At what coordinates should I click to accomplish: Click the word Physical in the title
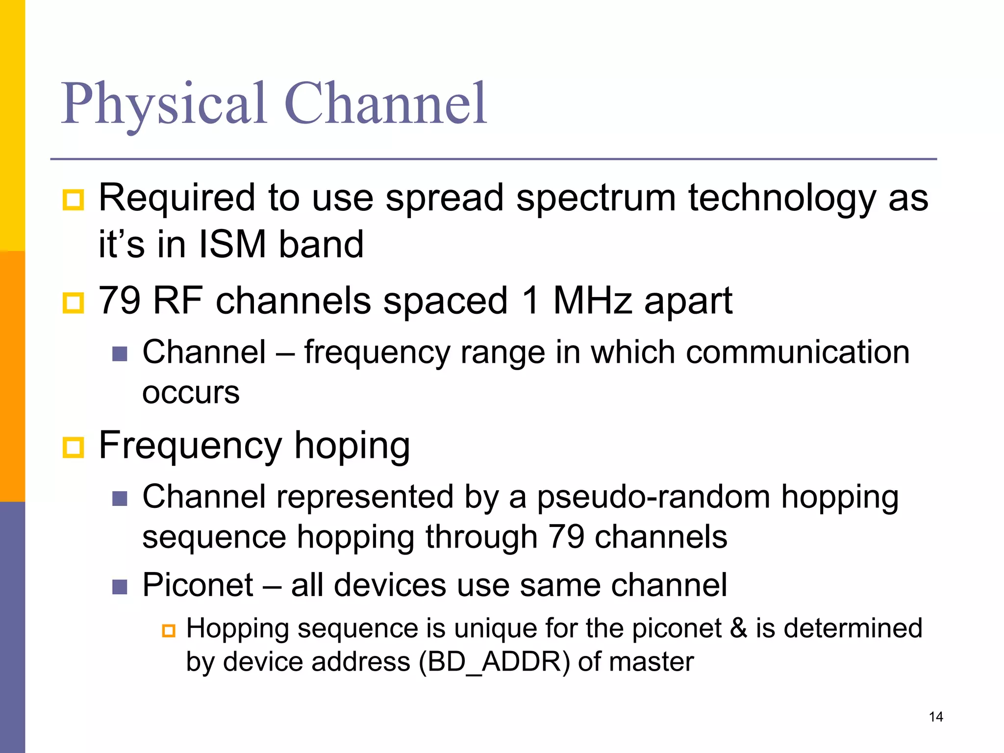[164, 104]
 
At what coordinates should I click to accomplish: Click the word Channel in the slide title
[385, 104]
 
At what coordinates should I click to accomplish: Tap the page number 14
[935, 717]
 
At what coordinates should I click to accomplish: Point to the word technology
[782, 198]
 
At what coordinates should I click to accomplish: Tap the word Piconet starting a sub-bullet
[198, 585]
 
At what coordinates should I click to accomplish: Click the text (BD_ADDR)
[495, 662]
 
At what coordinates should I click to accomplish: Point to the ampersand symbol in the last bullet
[739, 628]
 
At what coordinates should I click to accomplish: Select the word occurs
[191, 393]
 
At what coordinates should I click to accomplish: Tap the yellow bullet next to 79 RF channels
[74, 302]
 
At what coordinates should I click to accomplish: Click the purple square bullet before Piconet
[120, 586]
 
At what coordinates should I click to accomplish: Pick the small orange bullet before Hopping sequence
[169, 630]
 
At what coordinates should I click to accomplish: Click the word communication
[798, 352]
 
